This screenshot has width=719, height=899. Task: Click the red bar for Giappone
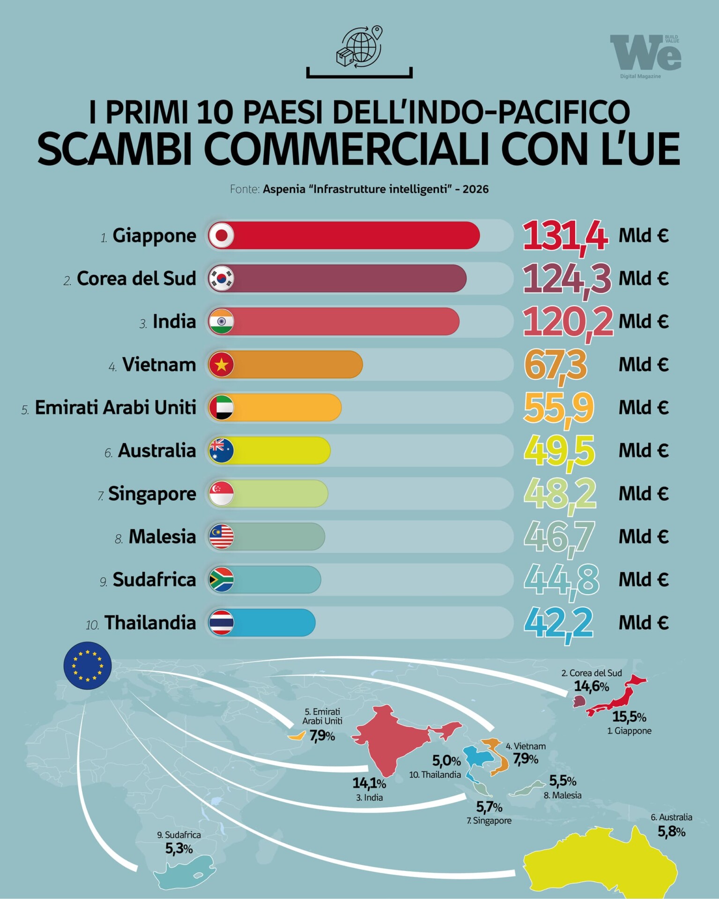(x=356, y=235)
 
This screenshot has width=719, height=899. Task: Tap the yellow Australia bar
(x=281, y=450)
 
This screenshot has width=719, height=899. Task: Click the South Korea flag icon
(x=221, y=278)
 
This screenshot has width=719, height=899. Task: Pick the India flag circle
(x=221, y=321)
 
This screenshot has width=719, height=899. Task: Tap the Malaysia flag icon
(x=221, y=537)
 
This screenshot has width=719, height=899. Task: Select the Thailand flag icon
(x=221, y=623)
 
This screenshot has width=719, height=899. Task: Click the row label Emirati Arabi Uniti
(x=115, y=407)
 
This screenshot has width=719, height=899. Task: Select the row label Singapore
(x=152, y=494)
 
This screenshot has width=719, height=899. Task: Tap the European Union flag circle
(x=88, y=665)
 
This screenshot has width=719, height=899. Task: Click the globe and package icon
(x=359, y=47)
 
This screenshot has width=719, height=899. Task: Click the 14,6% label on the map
(x=591, y=686)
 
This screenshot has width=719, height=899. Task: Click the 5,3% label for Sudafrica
(x=179, y=848)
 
